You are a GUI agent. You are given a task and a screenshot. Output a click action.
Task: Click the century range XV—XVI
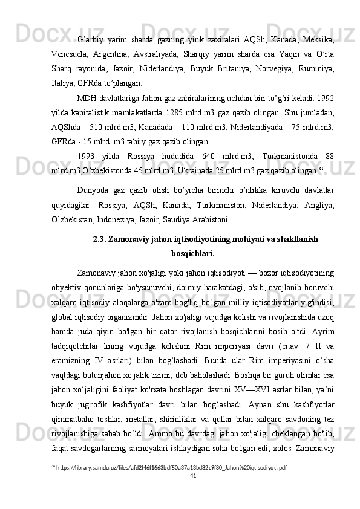(260, 375)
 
